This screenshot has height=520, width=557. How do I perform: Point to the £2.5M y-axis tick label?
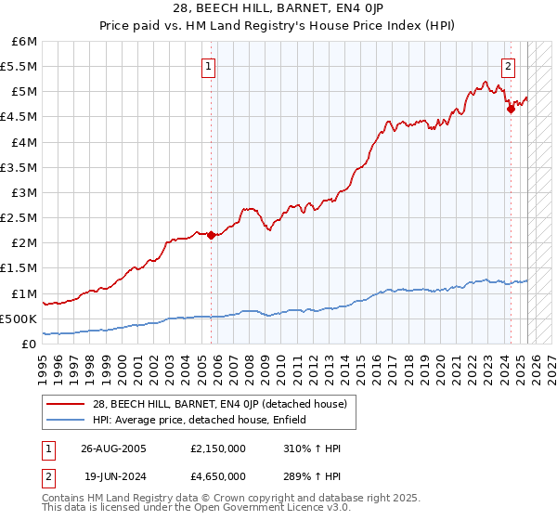19,218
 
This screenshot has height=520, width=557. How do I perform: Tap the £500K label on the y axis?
19,318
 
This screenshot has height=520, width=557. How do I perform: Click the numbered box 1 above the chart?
208,66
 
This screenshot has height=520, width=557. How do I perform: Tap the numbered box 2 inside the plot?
509,66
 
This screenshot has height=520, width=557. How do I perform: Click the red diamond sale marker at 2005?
212,235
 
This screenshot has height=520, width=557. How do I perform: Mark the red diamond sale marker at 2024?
511,109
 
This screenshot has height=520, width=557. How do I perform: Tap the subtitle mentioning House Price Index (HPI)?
278,26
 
